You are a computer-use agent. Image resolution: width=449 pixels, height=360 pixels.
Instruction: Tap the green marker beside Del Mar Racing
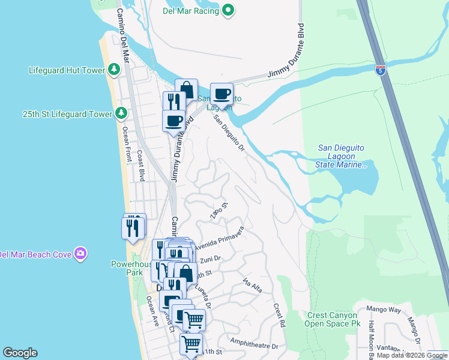click(228, 10)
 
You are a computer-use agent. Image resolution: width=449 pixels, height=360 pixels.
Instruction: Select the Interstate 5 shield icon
click(380, 69)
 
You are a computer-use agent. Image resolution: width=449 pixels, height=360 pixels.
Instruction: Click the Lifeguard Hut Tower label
click(67, 70)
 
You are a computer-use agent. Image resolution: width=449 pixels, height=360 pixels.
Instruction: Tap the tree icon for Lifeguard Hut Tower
click(114, 70)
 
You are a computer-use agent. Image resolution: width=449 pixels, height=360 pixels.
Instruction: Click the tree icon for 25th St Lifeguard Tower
click(121, 113)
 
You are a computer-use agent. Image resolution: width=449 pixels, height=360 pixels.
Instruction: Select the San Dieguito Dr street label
click(231, 133)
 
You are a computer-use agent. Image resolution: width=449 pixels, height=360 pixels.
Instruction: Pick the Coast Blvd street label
click(142, 166)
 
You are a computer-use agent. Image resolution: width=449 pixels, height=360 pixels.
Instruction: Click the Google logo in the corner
click(20, 353)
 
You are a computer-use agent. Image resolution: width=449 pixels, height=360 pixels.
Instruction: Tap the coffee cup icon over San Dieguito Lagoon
click(221, 94)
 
